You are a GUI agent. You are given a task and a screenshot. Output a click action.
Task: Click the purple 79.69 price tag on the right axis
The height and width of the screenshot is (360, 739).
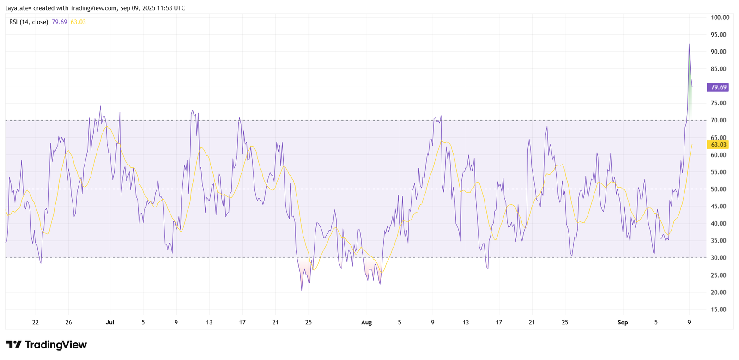tap(719, 87)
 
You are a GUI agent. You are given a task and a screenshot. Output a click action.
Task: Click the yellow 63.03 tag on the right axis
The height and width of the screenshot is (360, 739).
tap(719, 145)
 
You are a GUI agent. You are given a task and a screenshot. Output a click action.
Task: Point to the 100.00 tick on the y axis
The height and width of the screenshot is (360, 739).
tap(720, 18)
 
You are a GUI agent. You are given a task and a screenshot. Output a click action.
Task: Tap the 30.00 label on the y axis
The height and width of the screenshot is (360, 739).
tap(718, 258)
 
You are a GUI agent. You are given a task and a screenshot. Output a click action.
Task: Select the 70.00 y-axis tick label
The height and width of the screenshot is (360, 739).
tap(718, 120)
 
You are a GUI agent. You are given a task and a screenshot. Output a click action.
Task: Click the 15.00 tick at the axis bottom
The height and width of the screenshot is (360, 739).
tap(718, 310)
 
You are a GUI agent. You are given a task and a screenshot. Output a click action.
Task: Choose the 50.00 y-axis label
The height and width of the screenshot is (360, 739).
tap(718, 189)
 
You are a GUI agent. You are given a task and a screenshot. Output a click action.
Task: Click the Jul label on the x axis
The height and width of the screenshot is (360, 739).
tap(110, 323)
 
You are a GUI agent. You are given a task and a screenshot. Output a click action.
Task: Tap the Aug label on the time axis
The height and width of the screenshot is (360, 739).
tap(366, 323)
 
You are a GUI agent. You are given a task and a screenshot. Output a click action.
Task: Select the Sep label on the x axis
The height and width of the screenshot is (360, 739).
tap(623, 323)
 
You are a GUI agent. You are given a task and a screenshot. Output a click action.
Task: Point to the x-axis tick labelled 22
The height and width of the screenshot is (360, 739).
tap(36, 323)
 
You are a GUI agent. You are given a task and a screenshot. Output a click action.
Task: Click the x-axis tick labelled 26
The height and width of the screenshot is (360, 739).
tap(68, 323)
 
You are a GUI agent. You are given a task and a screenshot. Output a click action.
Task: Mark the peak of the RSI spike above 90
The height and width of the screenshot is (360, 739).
tap(689, 45)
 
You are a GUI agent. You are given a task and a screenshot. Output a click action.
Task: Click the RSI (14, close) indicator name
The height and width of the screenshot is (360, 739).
tap(29, 22)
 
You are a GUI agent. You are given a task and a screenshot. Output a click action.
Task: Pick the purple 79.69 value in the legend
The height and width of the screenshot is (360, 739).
tap(59, 22)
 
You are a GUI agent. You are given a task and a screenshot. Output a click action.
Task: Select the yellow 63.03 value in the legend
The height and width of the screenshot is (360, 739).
tap(78, 22)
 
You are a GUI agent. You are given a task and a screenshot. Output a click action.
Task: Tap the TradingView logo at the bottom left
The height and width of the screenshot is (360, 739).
tap(46, 345)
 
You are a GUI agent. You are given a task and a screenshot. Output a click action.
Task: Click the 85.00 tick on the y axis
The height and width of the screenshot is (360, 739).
tap(718, 69)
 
